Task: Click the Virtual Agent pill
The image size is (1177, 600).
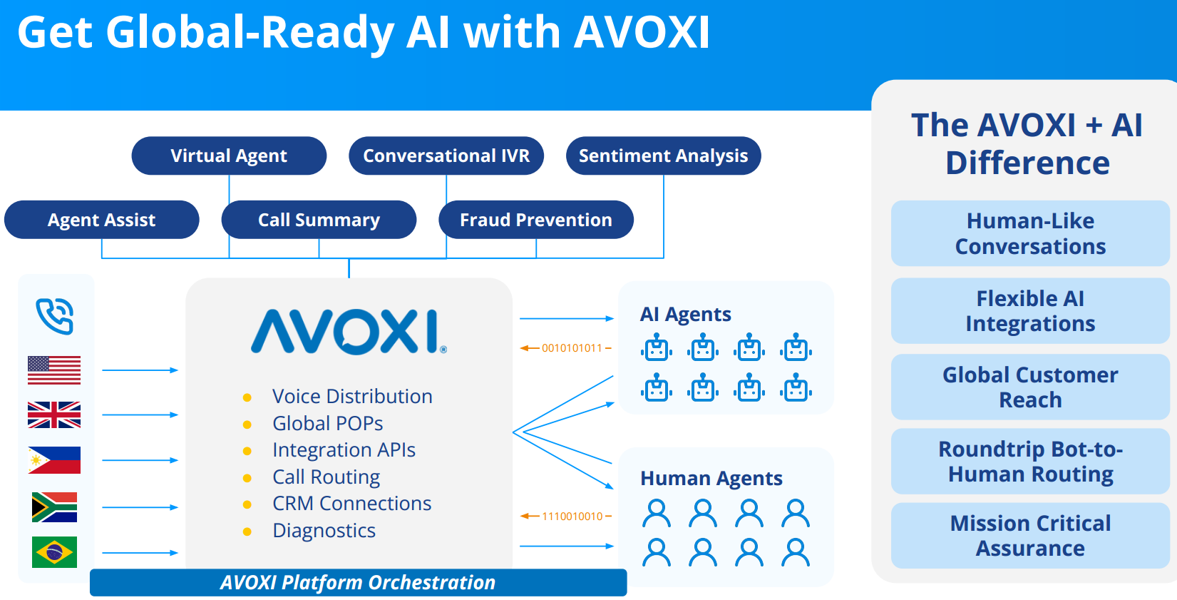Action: (229, 156)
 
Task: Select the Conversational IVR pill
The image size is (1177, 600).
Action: (446, 156)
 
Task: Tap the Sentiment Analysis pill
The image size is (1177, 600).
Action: (663, 156)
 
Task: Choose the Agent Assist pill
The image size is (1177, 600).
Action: (101, 220)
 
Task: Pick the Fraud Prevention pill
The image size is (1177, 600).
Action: (535, 220)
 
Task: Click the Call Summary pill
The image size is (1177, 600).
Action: (319, 220)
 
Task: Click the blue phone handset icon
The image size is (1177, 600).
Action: (55, 316)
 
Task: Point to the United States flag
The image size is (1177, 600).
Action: (54, 370)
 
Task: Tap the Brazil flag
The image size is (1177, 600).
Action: (54, 552)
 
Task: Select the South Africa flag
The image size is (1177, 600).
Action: (54, 507)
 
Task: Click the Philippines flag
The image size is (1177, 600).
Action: (54, 460)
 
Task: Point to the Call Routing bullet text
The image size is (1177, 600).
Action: (326, 477)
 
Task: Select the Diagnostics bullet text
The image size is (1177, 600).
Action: (324, 530)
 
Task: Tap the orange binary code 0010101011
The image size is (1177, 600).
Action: (572, 348)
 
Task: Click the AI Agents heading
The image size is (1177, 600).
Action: (685, 314)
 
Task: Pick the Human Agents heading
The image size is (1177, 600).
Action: (711, 478)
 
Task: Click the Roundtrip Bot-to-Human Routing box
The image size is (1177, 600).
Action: (1030, 462)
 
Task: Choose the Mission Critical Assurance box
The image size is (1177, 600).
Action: (1030, 536)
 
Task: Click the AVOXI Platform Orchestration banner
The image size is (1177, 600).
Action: (358, 582)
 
